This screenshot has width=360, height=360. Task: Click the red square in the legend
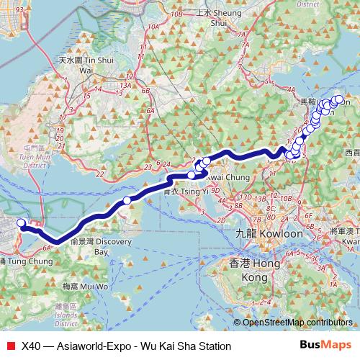point(10,346)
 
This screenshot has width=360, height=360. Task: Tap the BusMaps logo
point(330,346)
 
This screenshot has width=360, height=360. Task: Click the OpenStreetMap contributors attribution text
point(296,322)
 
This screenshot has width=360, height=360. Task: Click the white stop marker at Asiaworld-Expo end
point(21,223)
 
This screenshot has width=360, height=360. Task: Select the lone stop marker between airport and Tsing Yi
point(127,200)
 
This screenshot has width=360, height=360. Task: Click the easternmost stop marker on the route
point(339,99)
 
